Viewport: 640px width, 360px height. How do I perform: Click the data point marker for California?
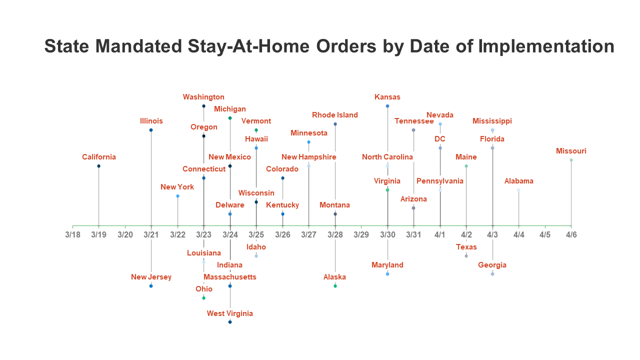[98, 166]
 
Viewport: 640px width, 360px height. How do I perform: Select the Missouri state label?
[571, 151]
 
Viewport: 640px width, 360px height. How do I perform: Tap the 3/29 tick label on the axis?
[361, 234]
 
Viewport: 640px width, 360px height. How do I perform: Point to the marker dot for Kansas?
[387, 106]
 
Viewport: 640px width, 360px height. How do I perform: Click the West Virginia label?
[230, 313]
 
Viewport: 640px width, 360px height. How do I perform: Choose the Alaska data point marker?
[335, 286]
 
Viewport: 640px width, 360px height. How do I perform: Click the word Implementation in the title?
[546, 46]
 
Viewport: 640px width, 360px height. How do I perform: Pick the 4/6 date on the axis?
[571, 234]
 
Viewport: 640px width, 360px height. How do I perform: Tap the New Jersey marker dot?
[151, 286]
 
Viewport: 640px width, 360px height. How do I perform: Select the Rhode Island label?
[335, 115]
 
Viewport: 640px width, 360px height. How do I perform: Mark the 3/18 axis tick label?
[72, 234]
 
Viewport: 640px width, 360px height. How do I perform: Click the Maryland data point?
[387, 274]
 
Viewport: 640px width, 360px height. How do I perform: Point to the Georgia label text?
[492, 265]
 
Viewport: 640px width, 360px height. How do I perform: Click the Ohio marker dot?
[203, 298]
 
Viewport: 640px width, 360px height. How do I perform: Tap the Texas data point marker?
[466, 256]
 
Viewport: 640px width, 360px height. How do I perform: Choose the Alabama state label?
[518, 181]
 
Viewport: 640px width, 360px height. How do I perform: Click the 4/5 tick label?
[545, 234]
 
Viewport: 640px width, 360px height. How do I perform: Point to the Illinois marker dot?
[151, 130]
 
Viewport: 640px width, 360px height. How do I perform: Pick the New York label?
[177, 187]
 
